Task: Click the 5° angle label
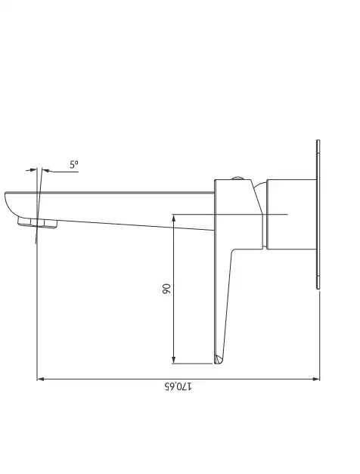pos(74,165)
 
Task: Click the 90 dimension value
pos(166,289)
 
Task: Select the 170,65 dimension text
pos(178,386)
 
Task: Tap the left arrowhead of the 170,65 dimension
pos(41,379)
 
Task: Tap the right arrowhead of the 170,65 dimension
pos(316,379)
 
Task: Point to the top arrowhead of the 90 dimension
pos(174,218)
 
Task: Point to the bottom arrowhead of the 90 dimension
pos(174,359)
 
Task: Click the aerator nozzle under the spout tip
pos(38,222)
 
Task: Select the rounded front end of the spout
pos(11,204)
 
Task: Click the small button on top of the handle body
pos(238,178)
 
